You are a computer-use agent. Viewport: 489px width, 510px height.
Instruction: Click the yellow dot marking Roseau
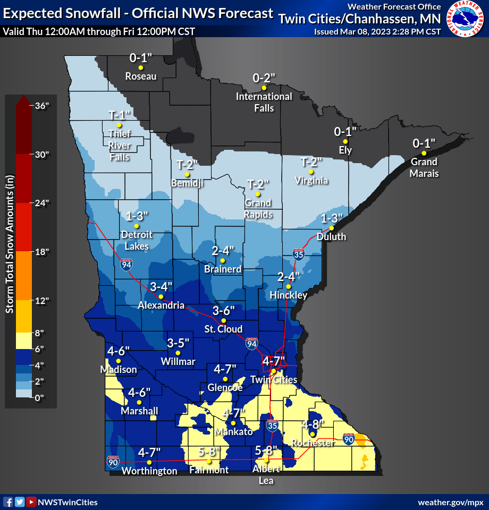[141, 67]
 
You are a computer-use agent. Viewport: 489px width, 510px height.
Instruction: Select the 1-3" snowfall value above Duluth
[333, 218]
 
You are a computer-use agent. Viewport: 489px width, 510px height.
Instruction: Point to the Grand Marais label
[424, 167]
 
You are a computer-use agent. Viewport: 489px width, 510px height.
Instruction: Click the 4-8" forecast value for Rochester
[312, 424]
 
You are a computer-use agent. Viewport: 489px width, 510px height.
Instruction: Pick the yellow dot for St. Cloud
[224, 320]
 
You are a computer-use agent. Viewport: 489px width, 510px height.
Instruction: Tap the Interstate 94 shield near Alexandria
[125, 264]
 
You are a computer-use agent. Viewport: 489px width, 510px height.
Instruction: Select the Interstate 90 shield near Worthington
[113, 461]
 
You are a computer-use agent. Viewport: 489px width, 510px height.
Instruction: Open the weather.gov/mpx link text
[450, 502]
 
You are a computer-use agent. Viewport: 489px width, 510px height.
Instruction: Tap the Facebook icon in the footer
[8, 502]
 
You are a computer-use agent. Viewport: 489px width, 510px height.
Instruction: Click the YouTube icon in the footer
[31, 502]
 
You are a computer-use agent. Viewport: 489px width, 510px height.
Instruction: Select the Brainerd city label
[223, 269]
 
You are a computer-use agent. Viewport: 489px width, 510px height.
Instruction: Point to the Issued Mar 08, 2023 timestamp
[377, 31]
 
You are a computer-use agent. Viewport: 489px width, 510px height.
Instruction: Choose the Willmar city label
[178, 362]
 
